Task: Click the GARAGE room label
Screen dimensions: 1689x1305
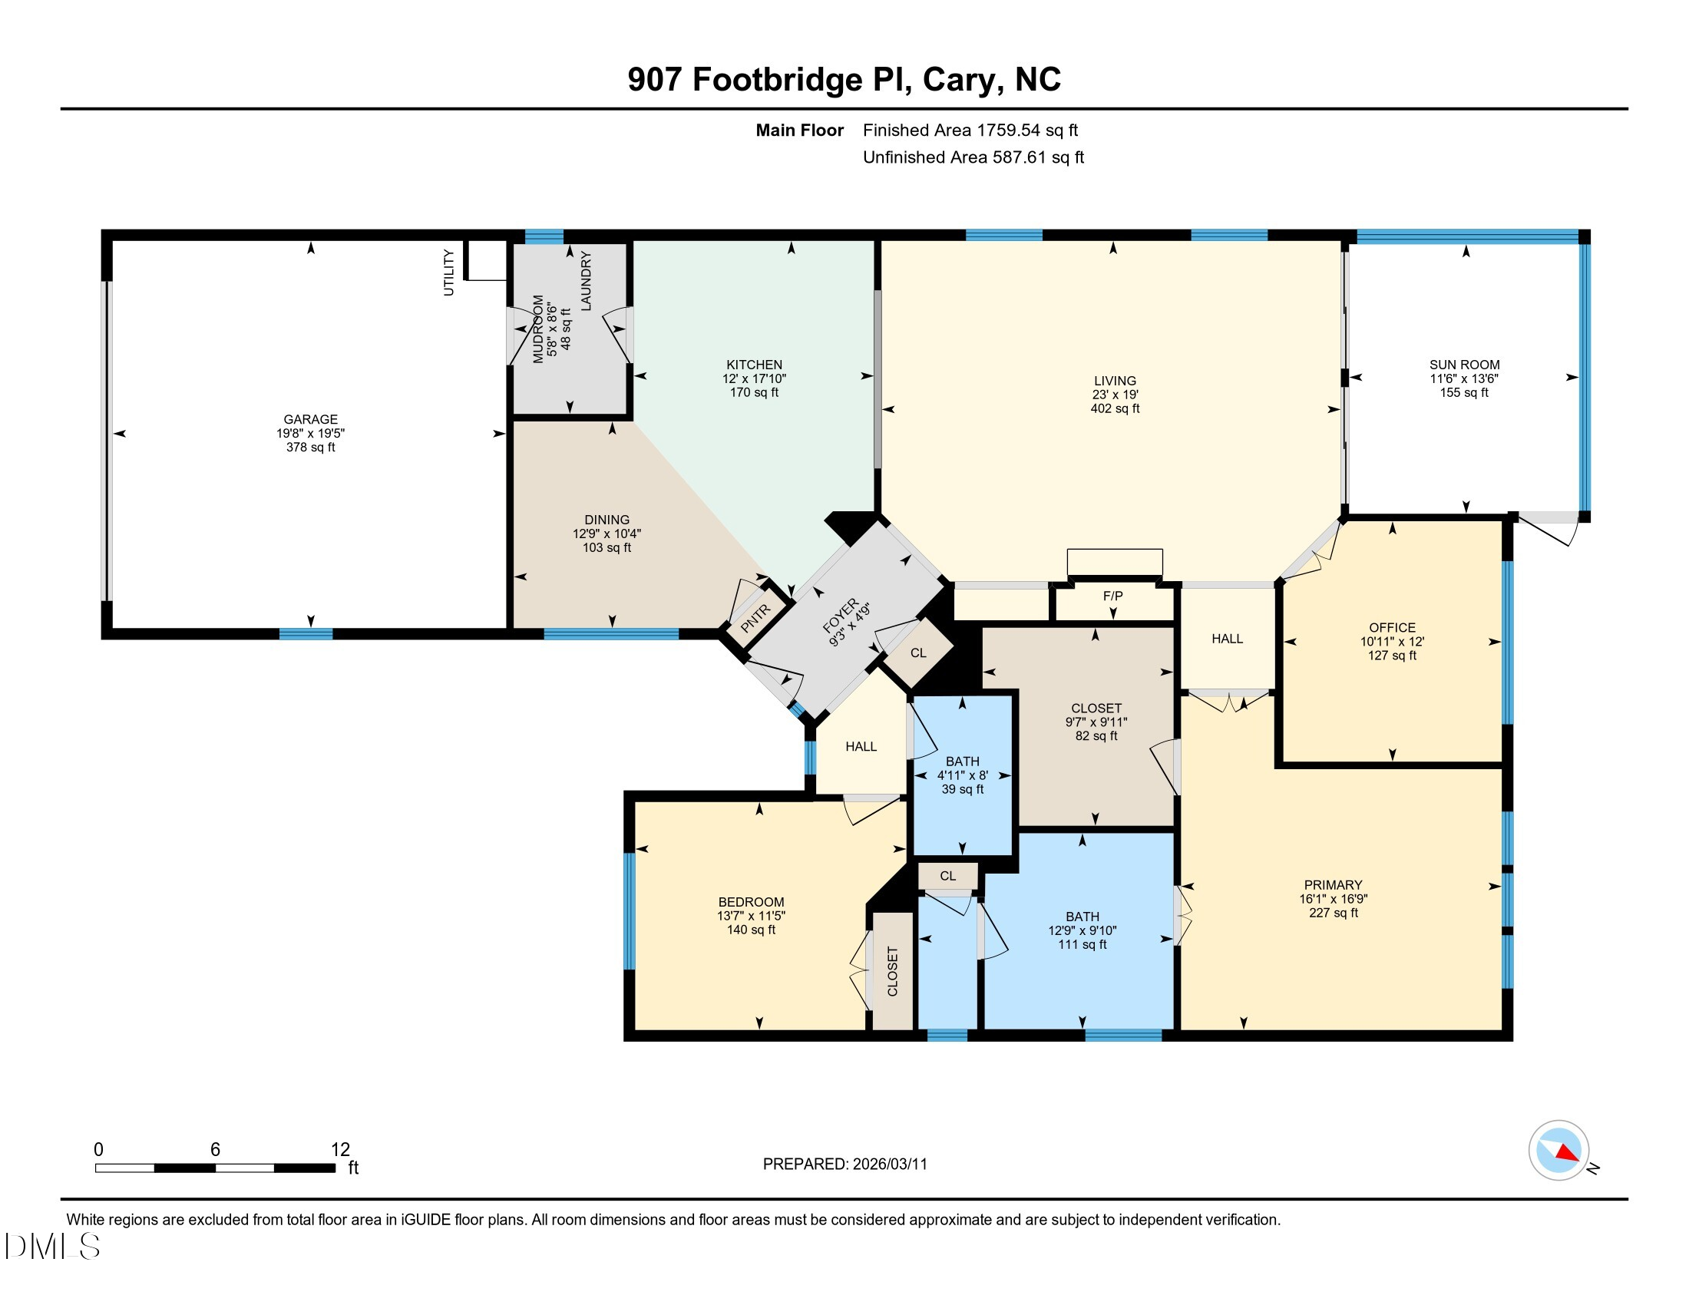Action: (310, 419)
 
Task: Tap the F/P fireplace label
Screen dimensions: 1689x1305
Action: (1113, 596)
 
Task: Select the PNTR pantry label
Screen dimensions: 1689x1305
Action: (755, 619)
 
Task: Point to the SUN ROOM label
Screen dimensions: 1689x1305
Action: (1464, 365)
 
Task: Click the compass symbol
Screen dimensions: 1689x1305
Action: (1558, 1151)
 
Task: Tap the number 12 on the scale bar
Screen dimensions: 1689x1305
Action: (340, 1150)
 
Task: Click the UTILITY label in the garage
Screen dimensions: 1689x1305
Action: (448, 273)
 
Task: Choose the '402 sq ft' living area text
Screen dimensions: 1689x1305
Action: (1115, 408)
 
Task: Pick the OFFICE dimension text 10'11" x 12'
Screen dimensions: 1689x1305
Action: (1392, 642)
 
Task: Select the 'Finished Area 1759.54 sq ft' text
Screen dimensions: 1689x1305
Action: (970, 130)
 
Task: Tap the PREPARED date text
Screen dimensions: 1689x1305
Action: (844, 1165)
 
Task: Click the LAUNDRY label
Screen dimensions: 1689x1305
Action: (586, 281)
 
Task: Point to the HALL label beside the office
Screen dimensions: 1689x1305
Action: (1228, 639)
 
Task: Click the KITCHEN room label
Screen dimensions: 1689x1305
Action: (754, 365)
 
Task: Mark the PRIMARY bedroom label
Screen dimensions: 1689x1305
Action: (1334, 885)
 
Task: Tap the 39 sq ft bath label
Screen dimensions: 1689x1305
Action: (962, 789)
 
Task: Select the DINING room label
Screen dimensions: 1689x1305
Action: (607, 520)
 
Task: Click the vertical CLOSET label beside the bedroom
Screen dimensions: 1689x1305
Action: (892, 972)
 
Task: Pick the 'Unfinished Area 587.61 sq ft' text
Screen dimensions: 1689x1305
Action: (973, 157)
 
